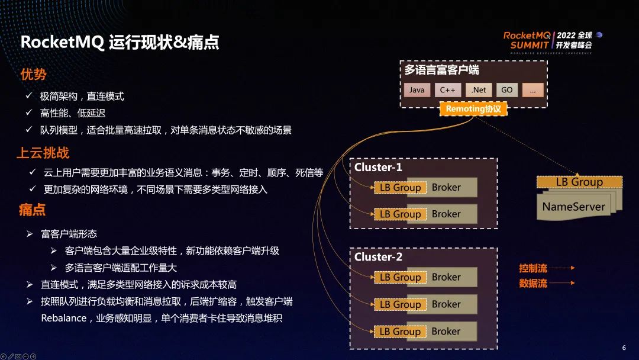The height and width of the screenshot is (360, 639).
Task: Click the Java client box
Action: tap(417, 90)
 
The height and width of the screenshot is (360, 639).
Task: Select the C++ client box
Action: tap(447, 90)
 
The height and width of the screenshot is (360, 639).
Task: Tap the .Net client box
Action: tap(479, 90)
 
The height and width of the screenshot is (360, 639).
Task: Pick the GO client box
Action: tap(507, 90)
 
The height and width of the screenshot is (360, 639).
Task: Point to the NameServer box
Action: tap(573, 207)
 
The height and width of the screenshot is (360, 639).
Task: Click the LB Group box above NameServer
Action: tap(579, 182)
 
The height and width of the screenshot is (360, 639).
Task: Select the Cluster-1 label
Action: tap(378, 168)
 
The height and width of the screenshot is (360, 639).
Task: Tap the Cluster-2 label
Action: tap(378, 257)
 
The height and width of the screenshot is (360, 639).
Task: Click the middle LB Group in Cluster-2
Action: tap(399, 304)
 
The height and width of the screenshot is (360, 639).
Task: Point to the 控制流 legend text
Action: tap(533, 268)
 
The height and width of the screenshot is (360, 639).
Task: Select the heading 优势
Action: tap(33, 74)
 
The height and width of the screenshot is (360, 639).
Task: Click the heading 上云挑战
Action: tap(43, 153)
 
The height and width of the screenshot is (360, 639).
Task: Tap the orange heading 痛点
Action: tap(32, 210)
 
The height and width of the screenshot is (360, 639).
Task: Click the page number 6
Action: tap(624, 348)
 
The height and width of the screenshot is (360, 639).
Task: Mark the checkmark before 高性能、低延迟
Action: tap(28, 112)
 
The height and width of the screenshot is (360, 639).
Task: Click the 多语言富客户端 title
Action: tap(442, 70)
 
